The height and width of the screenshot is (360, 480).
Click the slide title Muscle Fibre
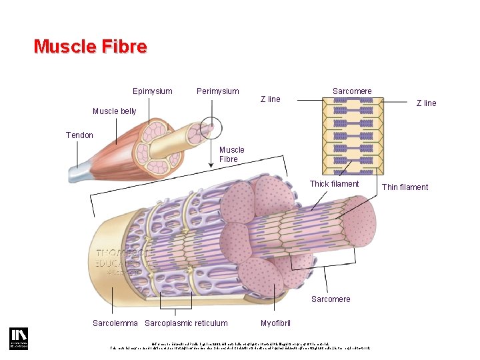90,47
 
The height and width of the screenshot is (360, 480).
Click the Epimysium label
152,91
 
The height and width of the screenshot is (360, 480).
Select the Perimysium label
217,91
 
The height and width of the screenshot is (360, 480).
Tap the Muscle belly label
114,111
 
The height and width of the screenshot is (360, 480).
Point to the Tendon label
79,135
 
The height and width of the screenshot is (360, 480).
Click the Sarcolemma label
115,323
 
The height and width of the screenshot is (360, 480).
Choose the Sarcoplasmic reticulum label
186,323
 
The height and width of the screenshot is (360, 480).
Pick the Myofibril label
275,323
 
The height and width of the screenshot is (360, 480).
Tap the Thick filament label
334,184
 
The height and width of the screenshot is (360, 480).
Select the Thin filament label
405,187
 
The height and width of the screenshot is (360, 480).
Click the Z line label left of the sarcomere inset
270,99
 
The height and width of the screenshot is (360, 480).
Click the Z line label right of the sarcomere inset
426,103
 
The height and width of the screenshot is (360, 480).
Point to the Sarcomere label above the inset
352,91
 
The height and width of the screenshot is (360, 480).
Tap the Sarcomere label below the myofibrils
331,299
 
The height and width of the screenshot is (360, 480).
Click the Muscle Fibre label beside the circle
232,155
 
